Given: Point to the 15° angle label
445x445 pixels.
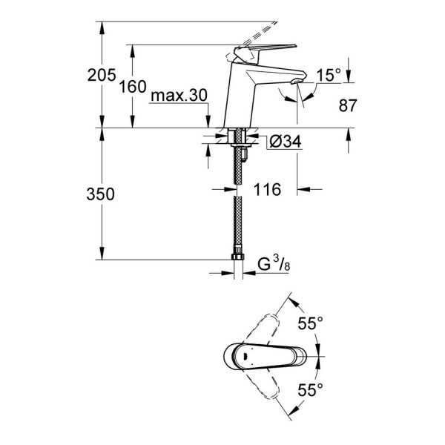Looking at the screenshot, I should coord(329,75).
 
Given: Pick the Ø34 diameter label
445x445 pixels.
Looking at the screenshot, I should coord(285,142).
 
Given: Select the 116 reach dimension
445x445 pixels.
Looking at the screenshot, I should coord(266,190).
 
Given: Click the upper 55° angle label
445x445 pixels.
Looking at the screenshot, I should coord(310,324).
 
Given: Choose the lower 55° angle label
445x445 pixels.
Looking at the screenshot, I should coord(310,387).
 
